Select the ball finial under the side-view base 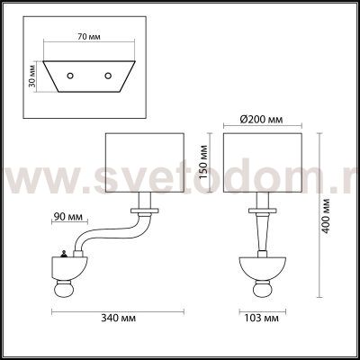(66, 290)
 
